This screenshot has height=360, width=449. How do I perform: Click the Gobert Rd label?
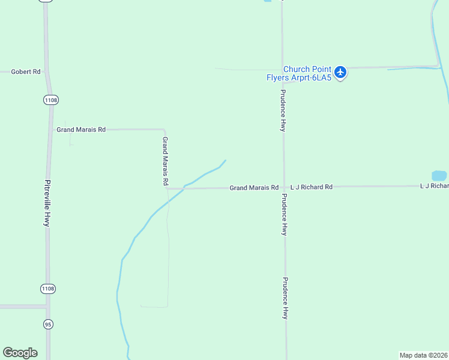(26, 72)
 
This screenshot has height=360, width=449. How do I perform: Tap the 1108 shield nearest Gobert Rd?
(51, 100)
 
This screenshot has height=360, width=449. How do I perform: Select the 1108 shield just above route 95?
(48, 289)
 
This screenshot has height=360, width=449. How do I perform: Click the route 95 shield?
(48, 324)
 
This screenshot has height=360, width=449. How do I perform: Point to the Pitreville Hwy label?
(47, 203)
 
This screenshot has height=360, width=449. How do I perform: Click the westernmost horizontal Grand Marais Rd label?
(81, 130)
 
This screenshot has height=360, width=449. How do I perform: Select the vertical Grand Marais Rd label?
(165, 161)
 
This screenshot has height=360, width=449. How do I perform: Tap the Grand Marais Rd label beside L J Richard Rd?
(254, 188)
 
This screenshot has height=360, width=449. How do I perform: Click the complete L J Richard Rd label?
(311, 187)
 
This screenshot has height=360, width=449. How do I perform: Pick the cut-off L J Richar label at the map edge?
(434, 187)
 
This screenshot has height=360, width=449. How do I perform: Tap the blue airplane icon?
(341, 73)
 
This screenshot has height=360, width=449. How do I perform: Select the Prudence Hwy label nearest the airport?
(283, 111)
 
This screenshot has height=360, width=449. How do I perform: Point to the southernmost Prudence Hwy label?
(286, 298)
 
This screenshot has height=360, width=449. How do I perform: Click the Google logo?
(20, 353)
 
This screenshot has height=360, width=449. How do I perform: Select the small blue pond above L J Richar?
(439, 176)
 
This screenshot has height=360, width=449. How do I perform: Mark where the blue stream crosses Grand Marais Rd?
(184, 188)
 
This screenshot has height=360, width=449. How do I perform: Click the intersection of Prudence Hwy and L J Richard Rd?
(284, 187)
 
